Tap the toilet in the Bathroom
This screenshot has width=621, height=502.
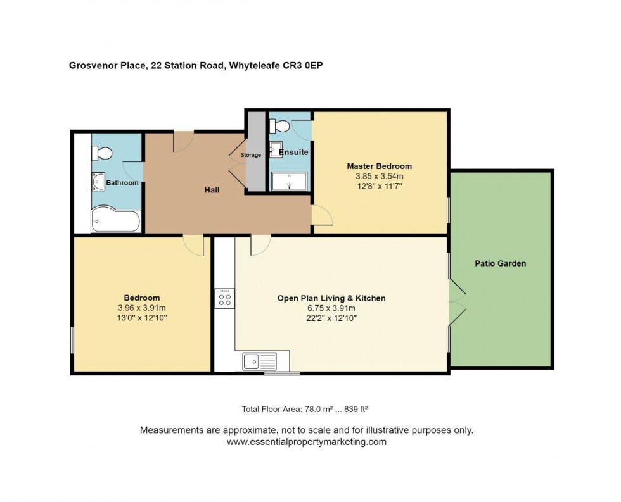pyautogui.click(x=101, y=153)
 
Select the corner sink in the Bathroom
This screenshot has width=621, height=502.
pyautogui.click(x=99, y=182)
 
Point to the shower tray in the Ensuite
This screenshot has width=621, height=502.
pyautogui.click(x=289, y=181)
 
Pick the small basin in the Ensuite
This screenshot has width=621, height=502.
pyautogui.click(x=276, y=149)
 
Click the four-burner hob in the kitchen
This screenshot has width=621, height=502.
pyautogui.click(x=225, y=298)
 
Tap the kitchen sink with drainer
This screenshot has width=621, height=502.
pyautogui.click(x=259, y=361)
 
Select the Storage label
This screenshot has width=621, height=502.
pyautogui.click(x=250, y=155)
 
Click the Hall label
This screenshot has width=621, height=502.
pyautogui.click(x=212, y=190)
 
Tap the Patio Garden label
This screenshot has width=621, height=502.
pyautogui.click(x=501, y=263)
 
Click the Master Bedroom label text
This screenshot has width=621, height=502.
pyautogui.click(x=379, y=166)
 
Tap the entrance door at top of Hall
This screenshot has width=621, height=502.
pyautogui.click(x=183, y=141)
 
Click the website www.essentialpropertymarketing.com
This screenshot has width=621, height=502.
pyautogui.click(x=306, y=442)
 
